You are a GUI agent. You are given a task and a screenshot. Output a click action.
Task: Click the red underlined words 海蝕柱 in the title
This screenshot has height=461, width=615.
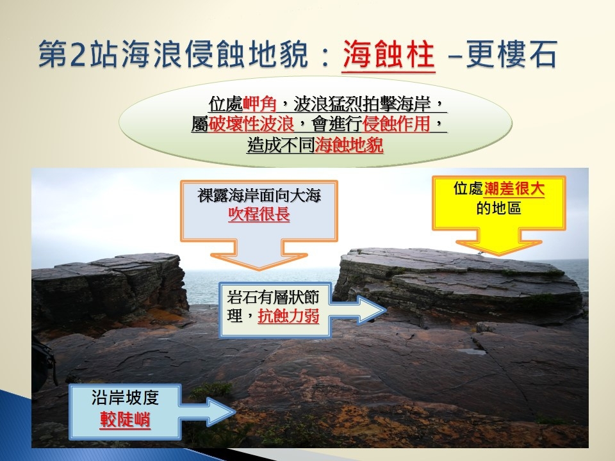pos(389,54)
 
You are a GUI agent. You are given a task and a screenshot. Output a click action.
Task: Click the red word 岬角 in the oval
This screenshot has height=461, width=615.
pos(259,104)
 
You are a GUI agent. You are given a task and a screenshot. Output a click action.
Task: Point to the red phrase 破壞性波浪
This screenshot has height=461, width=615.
pos(251,125)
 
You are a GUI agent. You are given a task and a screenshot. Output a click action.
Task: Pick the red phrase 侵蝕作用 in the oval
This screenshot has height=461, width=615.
pos(397,125)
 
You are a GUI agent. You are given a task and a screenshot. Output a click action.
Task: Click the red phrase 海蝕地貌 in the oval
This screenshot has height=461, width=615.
pos(349,145)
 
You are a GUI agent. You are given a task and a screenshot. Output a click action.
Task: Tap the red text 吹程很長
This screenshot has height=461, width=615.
pos(259,214)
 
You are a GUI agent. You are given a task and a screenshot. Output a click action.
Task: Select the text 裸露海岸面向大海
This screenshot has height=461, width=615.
pos(259,195)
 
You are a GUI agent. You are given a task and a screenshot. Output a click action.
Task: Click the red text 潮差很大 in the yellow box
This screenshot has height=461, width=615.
pos(514,189)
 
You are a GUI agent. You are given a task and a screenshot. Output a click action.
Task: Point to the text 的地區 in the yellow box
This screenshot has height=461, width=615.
pos(498,208)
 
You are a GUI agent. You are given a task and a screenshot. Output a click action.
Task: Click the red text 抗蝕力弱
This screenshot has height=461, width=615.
pos(288,316)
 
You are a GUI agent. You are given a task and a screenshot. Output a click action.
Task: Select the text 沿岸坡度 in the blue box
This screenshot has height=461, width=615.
pos(125,398)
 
